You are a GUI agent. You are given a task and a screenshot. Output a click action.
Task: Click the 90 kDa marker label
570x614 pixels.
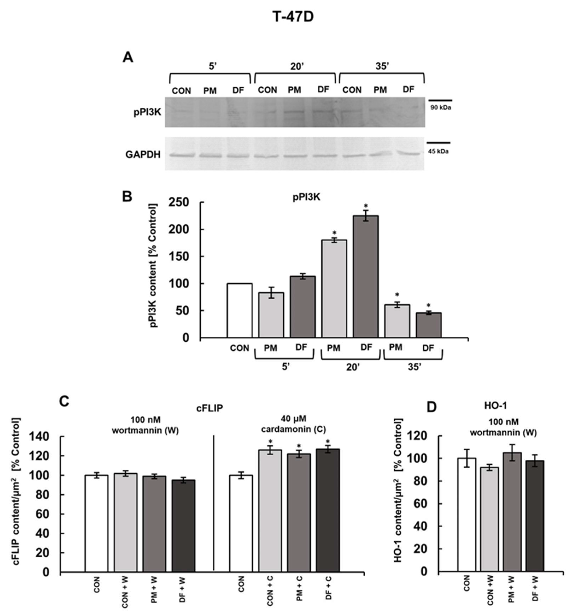click(x=440, y=108)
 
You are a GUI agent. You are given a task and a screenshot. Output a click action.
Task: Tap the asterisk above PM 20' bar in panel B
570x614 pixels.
click(x=334, y=233)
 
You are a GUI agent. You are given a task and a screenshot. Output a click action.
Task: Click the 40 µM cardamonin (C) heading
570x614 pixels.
click(x=293, y=424)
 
